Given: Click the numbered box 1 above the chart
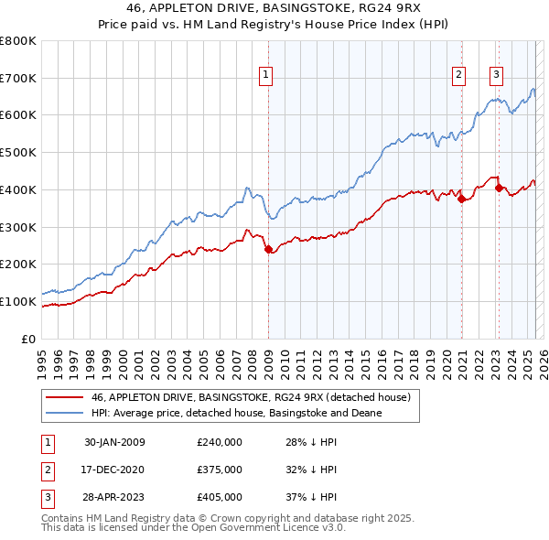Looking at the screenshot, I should coord(266,76).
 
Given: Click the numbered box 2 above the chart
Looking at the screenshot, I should coord(458,76).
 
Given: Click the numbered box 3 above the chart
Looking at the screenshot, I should coord(496,76).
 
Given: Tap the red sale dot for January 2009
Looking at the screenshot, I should coord(268,249).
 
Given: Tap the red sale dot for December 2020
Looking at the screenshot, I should coord(462,199).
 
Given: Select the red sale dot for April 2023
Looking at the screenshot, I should coord(500,188).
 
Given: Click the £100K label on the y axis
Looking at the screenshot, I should coord(19,301).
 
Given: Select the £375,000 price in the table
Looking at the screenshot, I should coord(220,470).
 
